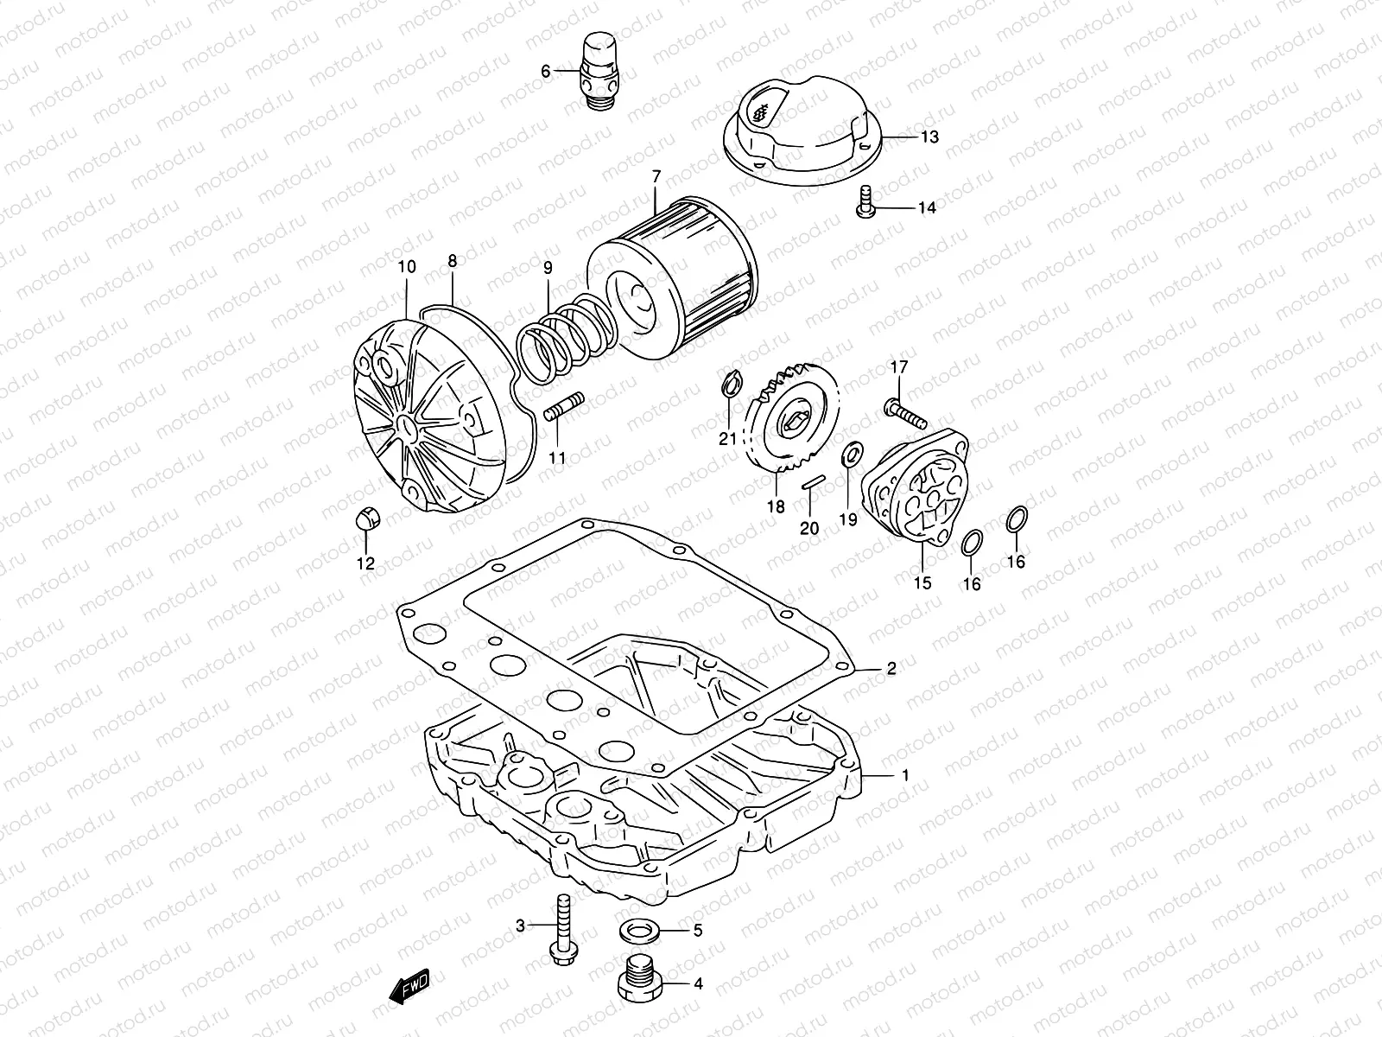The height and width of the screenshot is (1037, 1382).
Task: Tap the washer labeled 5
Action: pyautogui.click(x=641, y=932)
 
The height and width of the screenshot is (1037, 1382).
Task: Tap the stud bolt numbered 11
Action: pyautogui.click(x=566, y=405)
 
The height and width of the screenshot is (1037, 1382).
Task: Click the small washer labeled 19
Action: pyautogui.click(x=849, y=453)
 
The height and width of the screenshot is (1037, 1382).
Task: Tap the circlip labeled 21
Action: pyautogui.click(x=727, y=385)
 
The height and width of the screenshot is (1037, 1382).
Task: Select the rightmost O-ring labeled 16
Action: pyautogui.click(x=1017, y=520)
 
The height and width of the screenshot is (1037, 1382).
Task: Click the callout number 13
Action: pyautogui.click(x=929, y=137)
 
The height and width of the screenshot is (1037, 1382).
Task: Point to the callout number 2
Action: pyautogui.click(x=891, y=668)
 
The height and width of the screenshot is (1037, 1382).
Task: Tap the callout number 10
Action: pyautogui.click(x=406, y=267)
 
